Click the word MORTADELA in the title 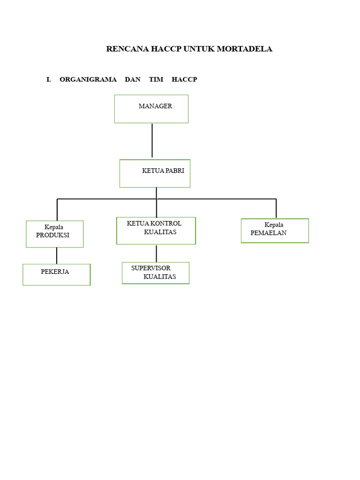click(x=244, y=49)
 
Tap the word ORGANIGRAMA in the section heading click(x=88, y=80)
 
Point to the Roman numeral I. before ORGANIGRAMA click(x=49, y=80)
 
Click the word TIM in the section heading click(x=156, y=80)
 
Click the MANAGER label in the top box click(x=155, y=106)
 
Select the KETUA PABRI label click(x=163, y=171)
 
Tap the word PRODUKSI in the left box click(x=52, y=235)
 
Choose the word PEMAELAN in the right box click(x=269, y=233)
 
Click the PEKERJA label click(x=55, y=271)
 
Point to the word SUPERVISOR click(x=151, y=268)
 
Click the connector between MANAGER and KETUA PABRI click(x=152, y=140)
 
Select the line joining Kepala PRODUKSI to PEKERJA click(x=57, y=255)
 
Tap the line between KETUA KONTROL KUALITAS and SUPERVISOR click(x=157, y=254)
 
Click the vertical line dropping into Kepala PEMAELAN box click(x=276, y=209)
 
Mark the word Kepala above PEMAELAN click(x=274, y=225)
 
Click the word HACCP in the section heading click(x=184, y=80)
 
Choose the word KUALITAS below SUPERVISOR click(x=160, y=277)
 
